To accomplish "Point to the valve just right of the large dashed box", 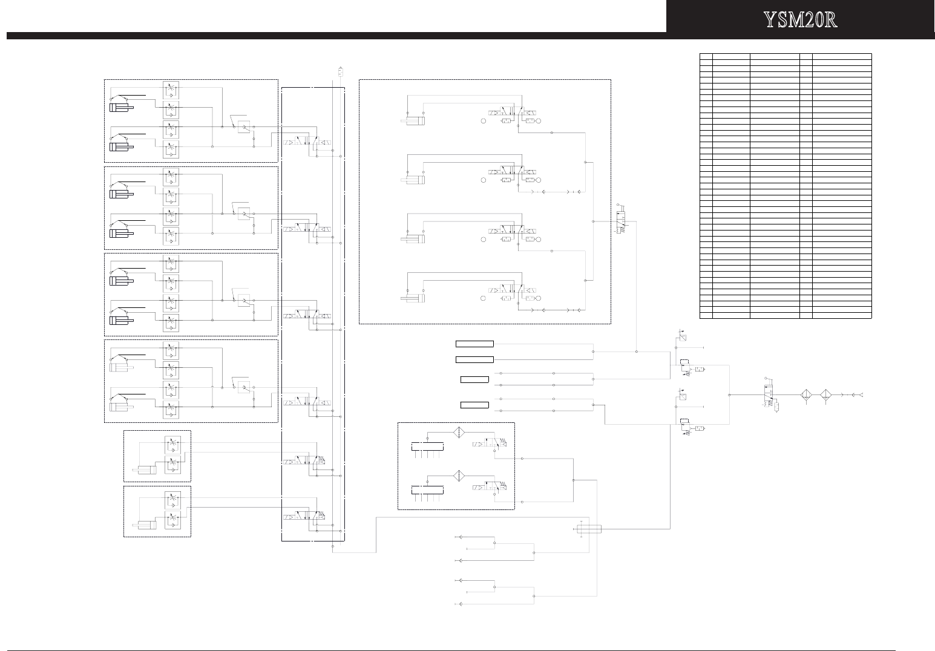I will [621, 221].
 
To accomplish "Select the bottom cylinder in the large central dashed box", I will [413, 298].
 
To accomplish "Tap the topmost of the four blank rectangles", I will [474, 344].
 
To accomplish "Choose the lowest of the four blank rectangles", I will [474, 405].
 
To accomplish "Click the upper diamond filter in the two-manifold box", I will [458, 433].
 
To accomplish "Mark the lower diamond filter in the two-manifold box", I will [458, 476].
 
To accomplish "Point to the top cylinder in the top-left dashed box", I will [122, 108].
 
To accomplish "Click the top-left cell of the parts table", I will [706, 56].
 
